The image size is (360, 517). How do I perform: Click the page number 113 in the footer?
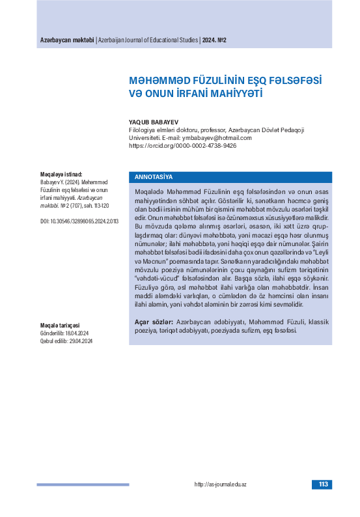tap(322, 484)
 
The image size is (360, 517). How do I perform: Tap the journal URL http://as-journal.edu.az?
tap(221, 484)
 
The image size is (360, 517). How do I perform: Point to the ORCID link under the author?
tap(183, 145)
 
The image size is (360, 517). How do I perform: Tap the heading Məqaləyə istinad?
tap(61, 175)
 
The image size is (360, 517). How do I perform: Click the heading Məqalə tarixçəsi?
tap(59, 326)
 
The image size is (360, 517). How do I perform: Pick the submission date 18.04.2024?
tap(78, 333)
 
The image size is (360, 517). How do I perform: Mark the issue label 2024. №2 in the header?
tap(214, 40)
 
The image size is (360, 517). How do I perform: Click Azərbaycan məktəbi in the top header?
tap(67, 40)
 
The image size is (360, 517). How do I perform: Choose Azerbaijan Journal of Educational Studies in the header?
tap(148, 40)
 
